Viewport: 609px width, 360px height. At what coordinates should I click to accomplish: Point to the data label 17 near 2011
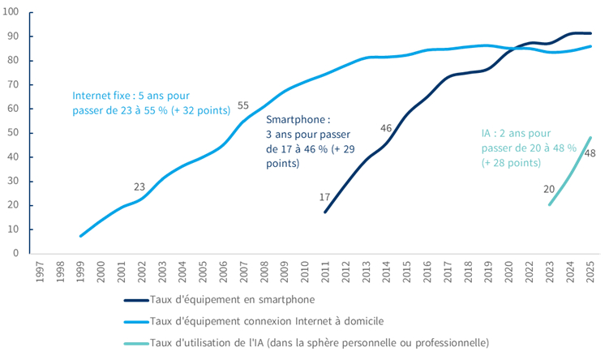tap(324, 197)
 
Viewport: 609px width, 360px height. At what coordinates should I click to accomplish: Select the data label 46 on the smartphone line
tap(386, 127)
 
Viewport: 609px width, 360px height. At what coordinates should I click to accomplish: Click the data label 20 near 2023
tap(549, 189)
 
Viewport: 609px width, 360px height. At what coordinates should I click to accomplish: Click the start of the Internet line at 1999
tap(81, 236)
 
